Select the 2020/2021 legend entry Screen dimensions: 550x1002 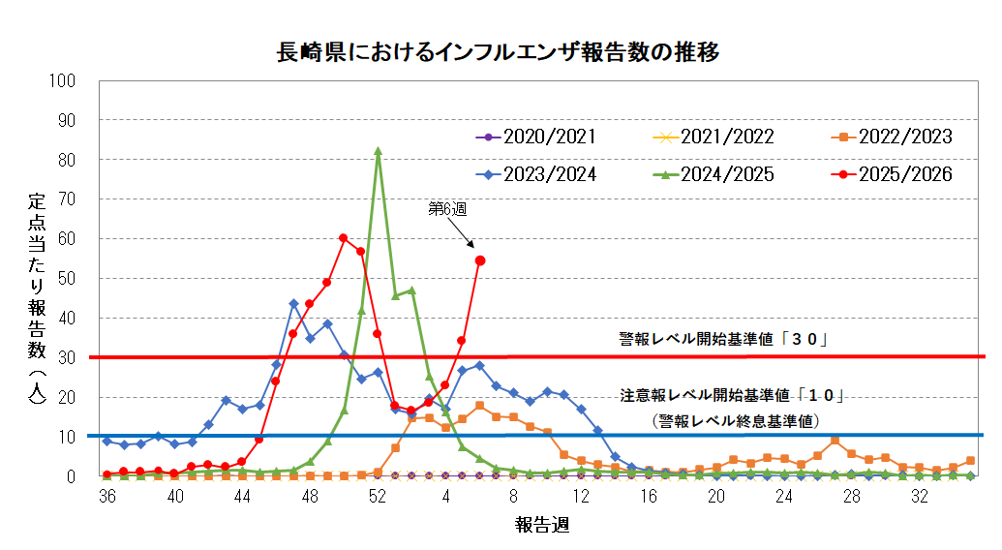click(535, 137)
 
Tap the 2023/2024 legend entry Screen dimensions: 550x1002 click(535, 174)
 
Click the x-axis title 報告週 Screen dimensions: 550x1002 click(541, 526)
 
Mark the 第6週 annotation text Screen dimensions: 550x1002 click(447, 208)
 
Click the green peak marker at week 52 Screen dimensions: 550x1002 click(378, 151)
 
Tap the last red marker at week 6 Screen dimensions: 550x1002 click(480, 260)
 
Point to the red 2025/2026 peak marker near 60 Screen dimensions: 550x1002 click(344, 238)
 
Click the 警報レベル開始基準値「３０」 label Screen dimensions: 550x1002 click(727, 339)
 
